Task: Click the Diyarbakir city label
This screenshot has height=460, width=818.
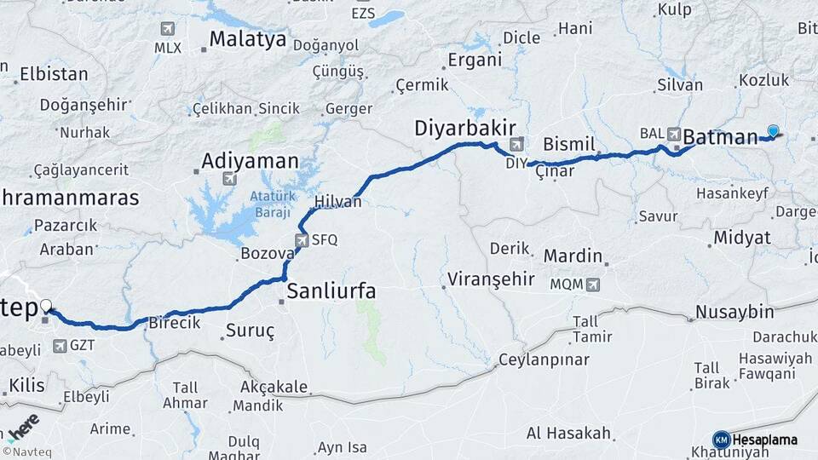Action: coord(465,128)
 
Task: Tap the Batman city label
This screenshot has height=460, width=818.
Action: coord(720,136)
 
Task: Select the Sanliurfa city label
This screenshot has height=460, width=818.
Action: coord(331,291)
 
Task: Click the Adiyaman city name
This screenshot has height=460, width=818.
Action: coord(251,160)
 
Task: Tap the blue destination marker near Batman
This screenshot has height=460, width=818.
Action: coord(773,130)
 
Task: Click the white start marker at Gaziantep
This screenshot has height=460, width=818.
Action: coord(45,306)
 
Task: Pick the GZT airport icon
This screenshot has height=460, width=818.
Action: coord(60,346)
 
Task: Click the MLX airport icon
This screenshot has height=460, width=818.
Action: coord(168,29)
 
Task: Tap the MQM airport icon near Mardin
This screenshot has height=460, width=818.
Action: coord(593,284)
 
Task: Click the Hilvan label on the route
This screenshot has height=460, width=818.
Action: coord(338,202)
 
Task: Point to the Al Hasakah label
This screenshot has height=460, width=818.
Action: coord(568,433)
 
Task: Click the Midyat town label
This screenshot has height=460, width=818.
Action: coord(742,237)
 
